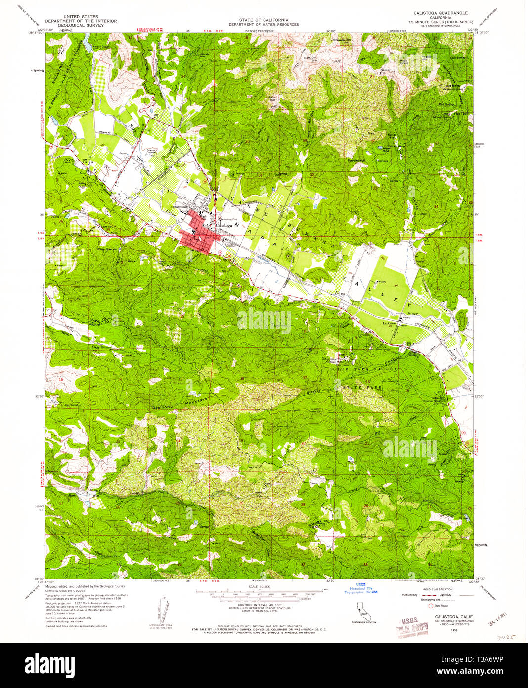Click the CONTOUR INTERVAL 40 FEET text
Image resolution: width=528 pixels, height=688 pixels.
point(259,605)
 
